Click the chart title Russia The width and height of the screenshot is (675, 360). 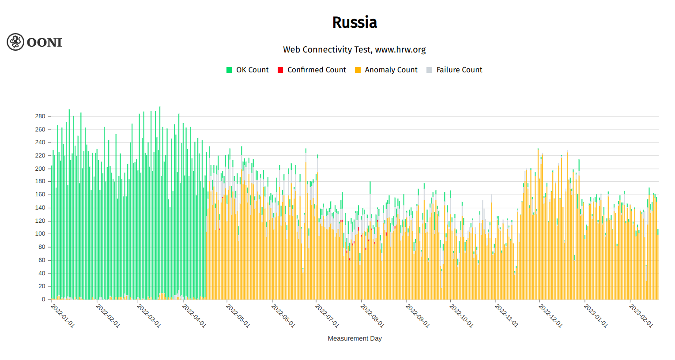coord(354,22)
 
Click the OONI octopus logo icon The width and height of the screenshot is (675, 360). coord(15,42)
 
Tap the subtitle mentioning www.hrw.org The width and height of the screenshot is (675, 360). coord(354,49)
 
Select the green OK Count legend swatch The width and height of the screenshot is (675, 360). coord(229,70)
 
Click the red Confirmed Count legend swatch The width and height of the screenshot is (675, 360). coord(280,70)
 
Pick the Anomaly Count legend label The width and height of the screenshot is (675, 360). coord(391,70)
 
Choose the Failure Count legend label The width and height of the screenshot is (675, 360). coord(459,70)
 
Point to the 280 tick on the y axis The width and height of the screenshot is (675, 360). coord(40,116)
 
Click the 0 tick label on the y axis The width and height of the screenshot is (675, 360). coord(44,299)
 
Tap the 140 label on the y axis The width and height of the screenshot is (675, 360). coord(40,208)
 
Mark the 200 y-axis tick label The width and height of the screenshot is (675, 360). coord(40,169)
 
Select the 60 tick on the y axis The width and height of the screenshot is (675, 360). coord(41,260)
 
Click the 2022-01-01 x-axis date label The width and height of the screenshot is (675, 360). coord(63,316)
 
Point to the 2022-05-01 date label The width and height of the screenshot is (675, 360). coord(238,316)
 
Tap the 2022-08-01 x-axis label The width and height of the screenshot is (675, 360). coord(373,316)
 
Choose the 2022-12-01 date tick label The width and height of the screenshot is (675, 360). coord(551,316)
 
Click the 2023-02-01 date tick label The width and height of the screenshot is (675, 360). coord(641,316)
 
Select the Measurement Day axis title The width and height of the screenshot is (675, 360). coord(354,338)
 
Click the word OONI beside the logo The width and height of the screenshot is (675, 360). coord(44,42)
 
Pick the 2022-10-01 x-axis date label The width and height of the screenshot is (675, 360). coord(461,316)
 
